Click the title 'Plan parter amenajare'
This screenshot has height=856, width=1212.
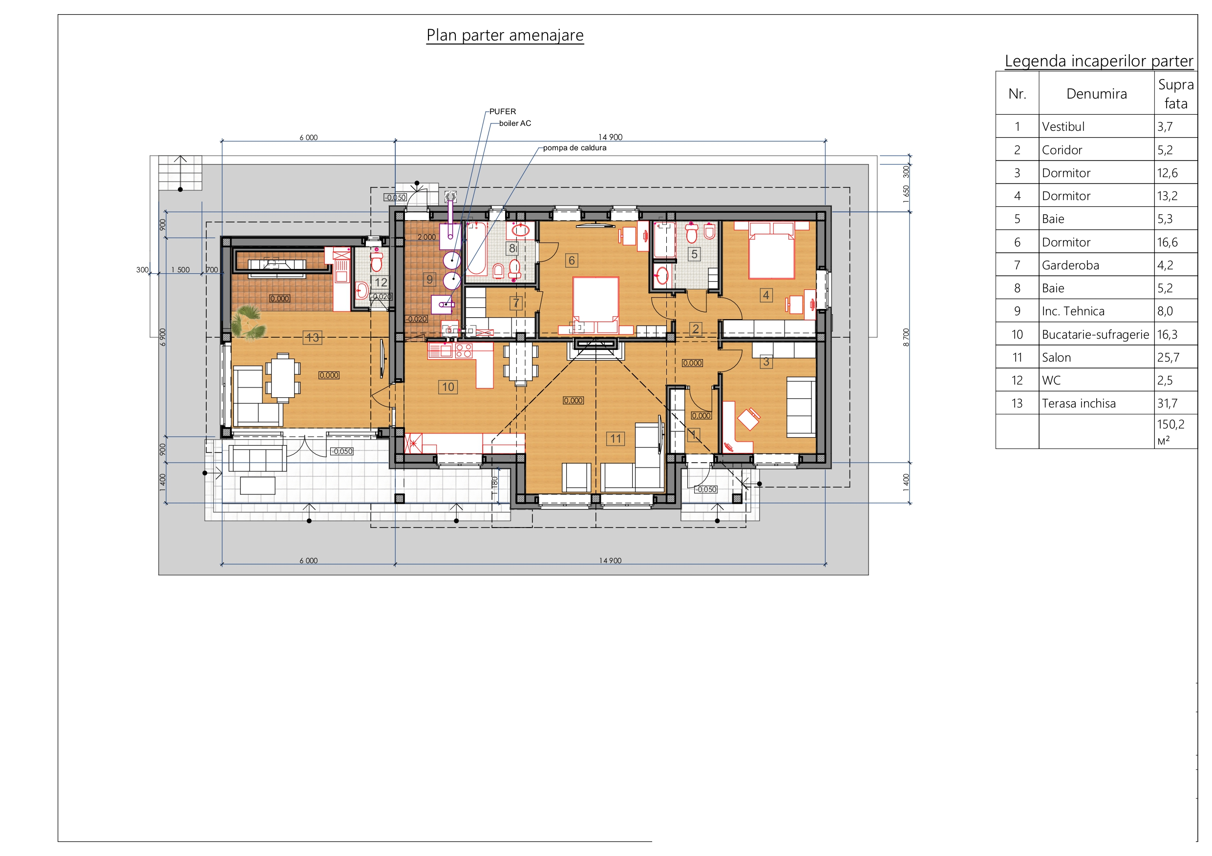(505, 35)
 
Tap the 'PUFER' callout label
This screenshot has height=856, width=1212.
(503, 112)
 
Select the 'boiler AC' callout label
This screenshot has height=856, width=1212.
(515, 123)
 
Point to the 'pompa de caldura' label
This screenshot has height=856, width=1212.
(575, 148)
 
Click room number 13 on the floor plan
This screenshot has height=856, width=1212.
(313, 338)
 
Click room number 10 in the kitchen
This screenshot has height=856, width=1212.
(448, 387)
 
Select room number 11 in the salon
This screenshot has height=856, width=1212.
(616, 439)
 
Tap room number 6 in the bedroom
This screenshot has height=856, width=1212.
(572, 261)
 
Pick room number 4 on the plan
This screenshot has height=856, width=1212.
(766, 295)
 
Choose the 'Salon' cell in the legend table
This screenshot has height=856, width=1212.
(1056, 358)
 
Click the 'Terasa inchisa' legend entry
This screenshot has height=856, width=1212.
(1079, 404)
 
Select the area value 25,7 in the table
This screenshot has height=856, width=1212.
(1168, 358)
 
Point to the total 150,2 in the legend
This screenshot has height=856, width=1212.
(1171, 425)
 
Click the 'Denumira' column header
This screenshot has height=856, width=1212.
(1096, 94)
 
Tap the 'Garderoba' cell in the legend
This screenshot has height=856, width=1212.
(1070, 265)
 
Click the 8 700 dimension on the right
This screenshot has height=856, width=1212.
(906, 337)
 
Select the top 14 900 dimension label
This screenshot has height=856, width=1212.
(610, 137)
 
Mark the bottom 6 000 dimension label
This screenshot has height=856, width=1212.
(309, 561)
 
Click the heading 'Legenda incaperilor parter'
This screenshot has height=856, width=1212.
(1099, 61)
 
